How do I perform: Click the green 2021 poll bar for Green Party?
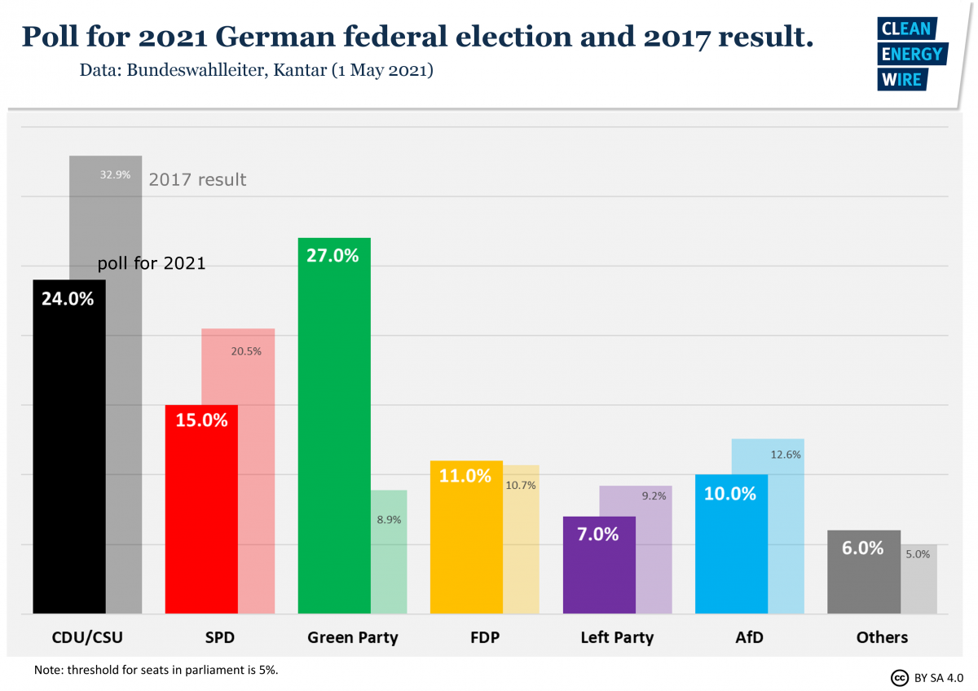[x=334, y=440]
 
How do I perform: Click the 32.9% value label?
[x=115, y=174]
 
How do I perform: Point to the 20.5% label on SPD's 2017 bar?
[x=246, y=352]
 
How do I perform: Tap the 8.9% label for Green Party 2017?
[x=389, y=519]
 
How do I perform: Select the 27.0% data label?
[x=333, y=256]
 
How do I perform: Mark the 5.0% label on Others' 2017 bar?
[x=917, y=554]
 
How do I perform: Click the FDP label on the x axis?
[x=484, y=637]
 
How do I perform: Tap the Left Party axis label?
[x=617, y=637]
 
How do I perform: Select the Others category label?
[x=882, y=637]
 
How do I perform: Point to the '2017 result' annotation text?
[x=197, y=179]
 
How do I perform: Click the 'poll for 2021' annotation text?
[x=152, y=264]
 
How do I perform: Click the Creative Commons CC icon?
[x=899, y=677]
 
